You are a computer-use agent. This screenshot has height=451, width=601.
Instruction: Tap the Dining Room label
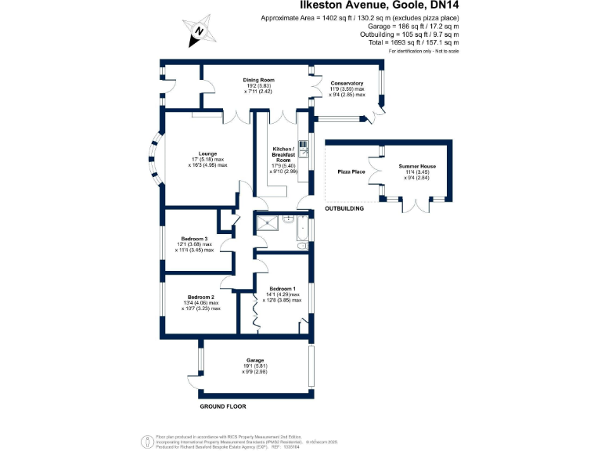click(x=257, y=79)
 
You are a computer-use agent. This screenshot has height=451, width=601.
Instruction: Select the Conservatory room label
click(x=347, y=83)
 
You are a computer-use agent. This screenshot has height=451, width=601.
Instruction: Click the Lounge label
click(x=207, y=153)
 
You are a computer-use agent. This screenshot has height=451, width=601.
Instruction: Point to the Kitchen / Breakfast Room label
click(x=283, y=154)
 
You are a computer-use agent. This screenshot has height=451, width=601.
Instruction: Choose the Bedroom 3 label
click(x=193, y=239)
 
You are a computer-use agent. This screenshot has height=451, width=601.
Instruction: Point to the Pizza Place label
click(x=351, y=171)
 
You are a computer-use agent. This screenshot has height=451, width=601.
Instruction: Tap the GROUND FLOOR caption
click(x=222, y=407)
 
